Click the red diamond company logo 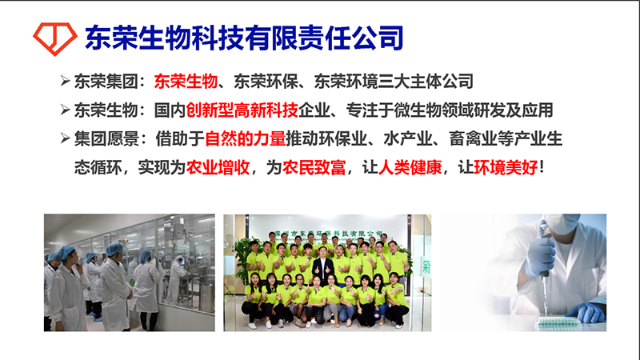[x=54, y=38]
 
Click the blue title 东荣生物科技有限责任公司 [x=244, y=38]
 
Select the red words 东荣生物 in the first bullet [x=186, y=82]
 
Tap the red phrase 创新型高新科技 [x=242, y=110]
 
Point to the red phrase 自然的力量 [x=245, y=138]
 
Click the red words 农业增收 [x=218, y=167]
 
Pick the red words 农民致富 [x=314, y=167]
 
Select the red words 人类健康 [x=410, y=167]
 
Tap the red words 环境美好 [x=506, y=167]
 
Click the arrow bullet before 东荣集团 [x=65, y=81]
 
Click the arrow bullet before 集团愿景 [x=65, y=138]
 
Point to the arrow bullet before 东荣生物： [x=65, y=110]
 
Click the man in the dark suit [x=323, y=266]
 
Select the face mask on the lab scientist [x=562, y=223]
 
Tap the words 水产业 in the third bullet [x=408, y=138]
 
